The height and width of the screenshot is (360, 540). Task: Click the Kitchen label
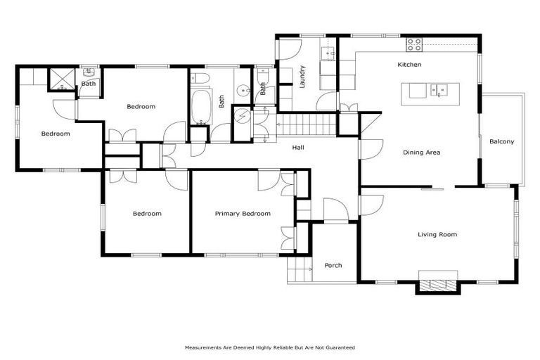coord(409,65)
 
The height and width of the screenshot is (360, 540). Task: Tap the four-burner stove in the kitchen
coord(414,44)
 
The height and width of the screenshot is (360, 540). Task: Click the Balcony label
coord(501,141)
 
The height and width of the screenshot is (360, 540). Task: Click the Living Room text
coord(437,234)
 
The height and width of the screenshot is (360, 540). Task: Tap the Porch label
coord(333,265)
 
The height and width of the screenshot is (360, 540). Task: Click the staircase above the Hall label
coord(306,127)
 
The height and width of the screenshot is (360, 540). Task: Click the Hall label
coord(298,147)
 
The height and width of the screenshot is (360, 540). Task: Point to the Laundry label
coord(302,76)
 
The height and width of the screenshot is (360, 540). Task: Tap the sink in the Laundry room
coord(328,53)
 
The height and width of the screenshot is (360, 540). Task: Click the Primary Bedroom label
coord(242,214)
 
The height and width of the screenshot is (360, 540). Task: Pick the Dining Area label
coord(421,152)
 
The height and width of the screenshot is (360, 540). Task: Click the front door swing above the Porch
coord(335,210)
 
